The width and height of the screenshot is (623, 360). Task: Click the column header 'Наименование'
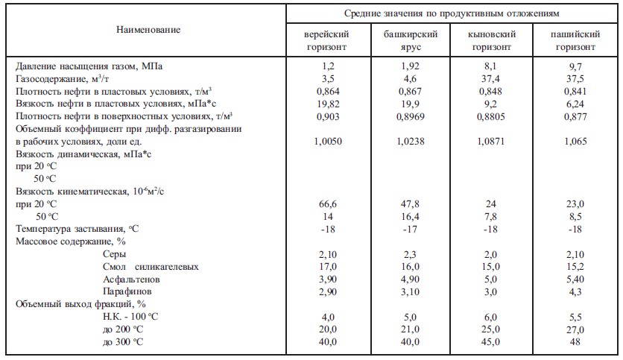(148, 30)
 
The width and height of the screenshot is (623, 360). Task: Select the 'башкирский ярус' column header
(411, 40)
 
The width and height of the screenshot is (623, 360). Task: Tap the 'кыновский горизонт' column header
(490, 40)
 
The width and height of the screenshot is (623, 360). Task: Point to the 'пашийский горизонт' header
(575, 40)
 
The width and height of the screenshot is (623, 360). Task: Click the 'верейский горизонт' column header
(327, 40)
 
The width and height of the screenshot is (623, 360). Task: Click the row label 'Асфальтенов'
(131, 279)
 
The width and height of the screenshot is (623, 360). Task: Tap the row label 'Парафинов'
(128, 291)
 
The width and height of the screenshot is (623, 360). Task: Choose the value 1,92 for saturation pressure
(411, 66)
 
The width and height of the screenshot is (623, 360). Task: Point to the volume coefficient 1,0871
(490, 141)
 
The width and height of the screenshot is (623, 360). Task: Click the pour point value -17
(411, 229)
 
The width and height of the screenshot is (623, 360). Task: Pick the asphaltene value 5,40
(575, 279)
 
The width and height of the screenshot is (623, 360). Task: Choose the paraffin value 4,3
(575, 291)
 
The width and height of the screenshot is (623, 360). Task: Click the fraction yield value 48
(575, 342)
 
